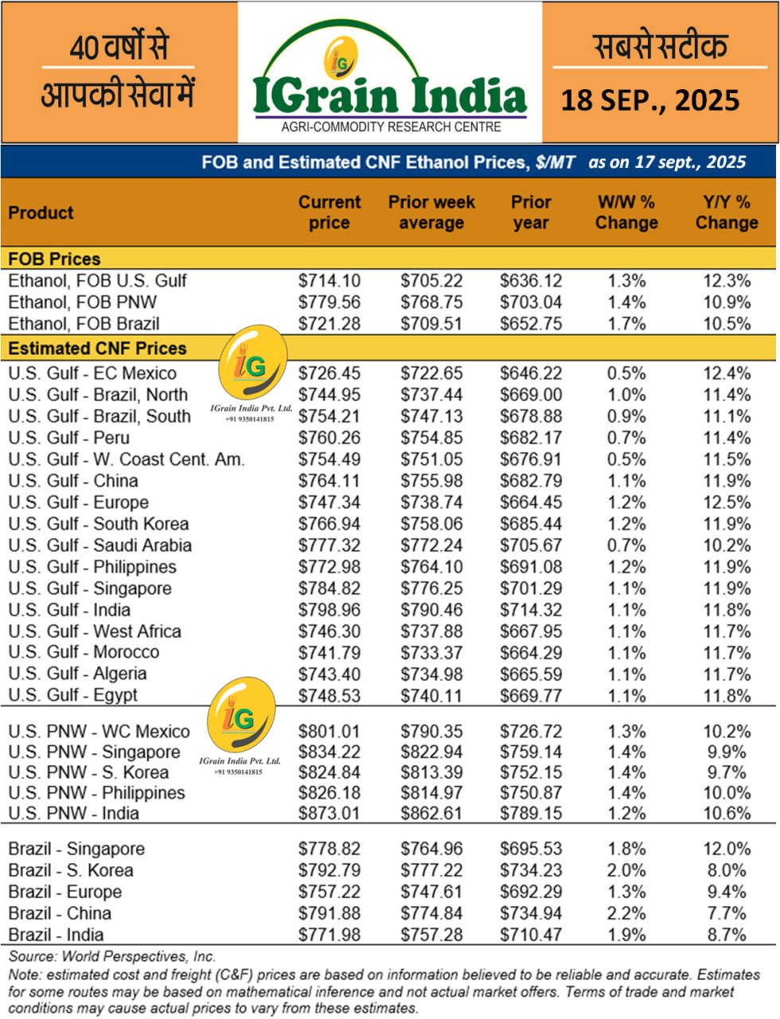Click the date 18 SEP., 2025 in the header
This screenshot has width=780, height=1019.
[x=650, y=100]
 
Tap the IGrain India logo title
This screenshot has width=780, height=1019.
[x=389, y=95]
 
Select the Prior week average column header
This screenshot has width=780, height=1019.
[x=431, y=213]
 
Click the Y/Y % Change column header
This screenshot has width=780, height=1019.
[x=726, y=213]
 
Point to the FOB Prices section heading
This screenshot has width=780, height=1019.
[x=54, y=259]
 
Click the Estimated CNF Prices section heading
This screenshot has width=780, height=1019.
[x=97, y=348]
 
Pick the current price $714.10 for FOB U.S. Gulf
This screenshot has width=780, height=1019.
[x=329, y=281]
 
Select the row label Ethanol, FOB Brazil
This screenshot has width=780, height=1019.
[x=84, y=324]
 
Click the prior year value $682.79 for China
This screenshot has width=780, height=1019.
[x=531, y=481]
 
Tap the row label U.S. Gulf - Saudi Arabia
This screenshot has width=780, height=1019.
[x=99, y=545]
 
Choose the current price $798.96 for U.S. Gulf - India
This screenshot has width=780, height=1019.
[x=329, y=610]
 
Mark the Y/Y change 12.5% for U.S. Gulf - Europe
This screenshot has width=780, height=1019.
[x=727, y=502]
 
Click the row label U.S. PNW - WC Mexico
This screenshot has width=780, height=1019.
[x=99, y=731]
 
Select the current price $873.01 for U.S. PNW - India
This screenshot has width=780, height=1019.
[x=329, y=814]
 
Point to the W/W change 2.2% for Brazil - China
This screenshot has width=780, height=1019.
[x=626, y=913]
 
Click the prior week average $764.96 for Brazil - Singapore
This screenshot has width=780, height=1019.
[x=431, y=849]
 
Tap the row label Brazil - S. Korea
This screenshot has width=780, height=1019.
[x=71, y=870]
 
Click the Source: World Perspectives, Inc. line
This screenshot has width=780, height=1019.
[x=112, y=957]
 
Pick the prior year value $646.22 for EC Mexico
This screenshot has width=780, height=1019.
[x=531, y=373]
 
